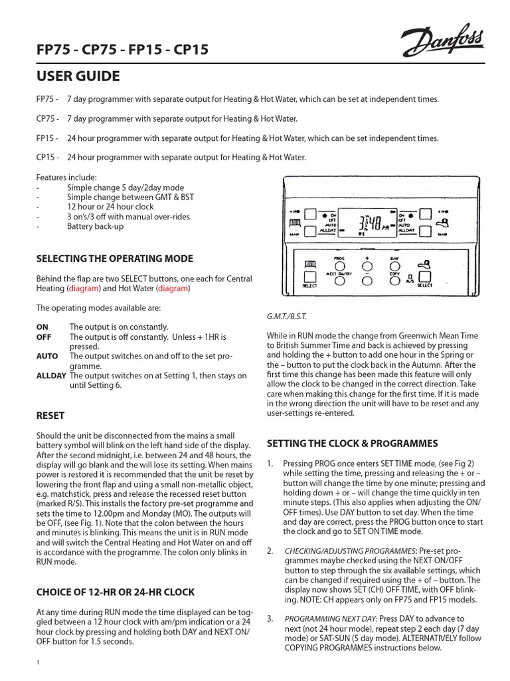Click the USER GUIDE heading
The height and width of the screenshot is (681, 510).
point(78,76)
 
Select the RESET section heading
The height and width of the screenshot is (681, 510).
point(50,416)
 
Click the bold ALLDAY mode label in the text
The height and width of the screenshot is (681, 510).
point(52,376)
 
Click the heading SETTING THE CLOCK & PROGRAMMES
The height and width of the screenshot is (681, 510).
point(352,443)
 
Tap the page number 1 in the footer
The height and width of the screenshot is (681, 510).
point(38,662)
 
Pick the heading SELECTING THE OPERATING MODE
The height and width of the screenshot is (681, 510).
point(115,258)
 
